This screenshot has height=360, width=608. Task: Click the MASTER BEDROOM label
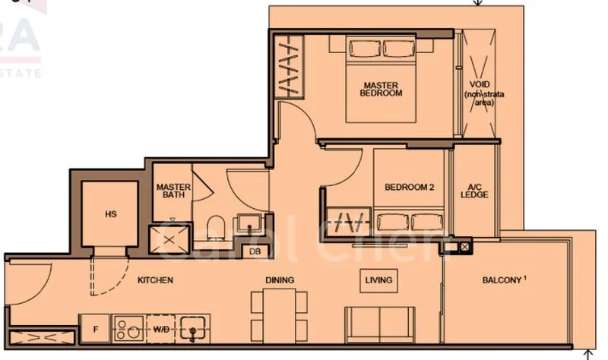tap(382, 89)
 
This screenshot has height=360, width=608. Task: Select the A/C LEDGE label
tap(474, 190)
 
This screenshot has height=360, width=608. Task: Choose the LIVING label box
tap(378, 280)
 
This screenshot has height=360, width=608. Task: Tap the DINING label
tap(280, 280)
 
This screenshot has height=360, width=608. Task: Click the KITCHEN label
tap(155, 280)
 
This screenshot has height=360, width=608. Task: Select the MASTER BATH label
tap(172, 191)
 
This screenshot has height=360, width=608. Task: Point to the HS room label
tap(111, 214)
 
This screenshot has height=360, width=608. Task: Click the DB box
tap(253, 252)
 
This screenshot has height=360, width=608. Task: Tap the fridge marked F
tap(95, 330)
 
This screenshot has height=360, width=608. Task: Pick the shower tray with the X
tap(169, 238)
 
